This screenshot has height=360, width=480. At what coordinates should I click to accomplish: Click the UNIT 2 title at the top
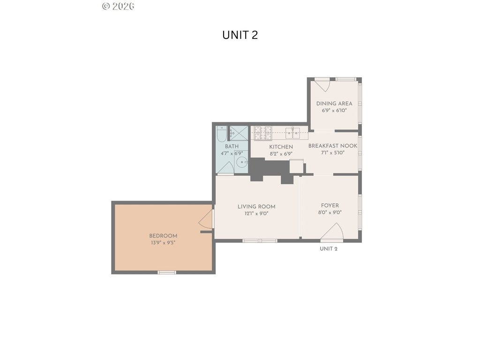tap(240, 35)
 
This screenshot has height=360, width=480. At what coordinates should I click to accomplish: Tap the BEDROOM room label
tap(163, 236)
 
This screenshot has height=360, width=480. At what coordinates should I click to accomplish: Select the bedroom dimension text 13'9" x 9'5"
tap(163, 243)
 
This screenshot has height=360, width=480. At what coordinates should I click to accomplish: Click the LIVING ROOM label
tap(256, 207)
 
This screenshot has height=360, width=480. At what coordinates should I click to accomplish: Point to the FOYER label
tap(330, 205)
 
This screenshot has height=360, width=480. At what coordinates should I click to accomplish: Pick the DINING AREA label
tap(334, 104)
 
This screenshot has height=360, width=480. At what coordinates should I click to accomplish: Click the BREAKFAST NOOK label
tap(333, 146)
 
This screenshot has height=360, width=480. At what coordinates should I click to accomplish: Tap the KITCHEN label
tap(281, 147)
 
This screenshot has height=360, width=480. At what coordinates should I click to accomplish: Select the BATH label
tap(232, 146)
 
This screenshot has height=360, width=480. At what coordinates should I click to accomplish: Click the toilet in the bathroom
tap(221, 134)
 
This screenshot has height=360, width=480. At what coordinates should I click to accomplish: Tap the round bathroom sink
tap(242, 162)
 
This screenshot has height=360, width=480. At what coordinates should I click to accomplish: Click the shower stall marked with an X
tap(239, 133)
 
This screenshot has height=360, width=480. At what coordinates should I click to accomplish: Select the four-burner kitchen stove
tap(263, 133)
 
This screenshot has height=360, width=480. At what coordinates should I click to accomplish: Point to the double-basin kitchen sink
tap(292, 133)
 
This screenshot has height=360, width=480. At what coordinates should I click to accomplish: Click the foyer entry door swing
tap(334, 232)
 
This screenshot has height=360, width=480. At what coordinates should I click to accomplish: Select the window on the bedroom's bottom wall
tap(167, 272)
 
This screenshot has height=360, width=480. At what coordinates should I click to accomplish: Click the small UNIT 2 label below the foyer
tap(329, 248)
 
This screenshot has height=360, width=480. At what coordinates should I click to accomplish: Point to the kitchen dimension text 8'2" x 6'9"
tap(281, 154)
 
